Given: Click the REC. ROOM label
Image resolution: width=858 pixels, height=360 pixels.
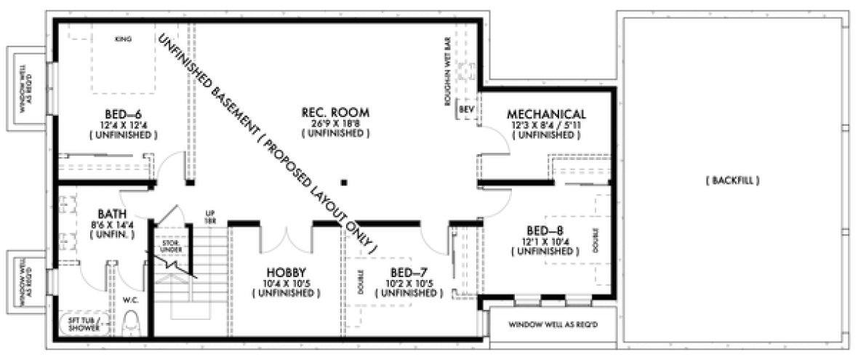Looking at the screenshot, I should tap(335, 112).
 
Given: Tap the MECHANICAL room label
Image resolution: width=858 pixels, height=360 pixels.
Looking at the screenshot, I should tap(546, 114).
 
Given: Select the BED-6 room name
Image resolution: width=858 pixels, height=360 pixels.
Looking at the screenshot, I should tap(120, 113).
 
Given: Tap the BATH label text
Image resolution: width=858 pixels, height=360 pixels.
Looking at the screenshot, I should tap(112, 214).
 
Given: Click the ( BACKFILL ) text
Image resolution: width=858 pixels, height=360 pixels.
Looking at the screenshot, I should tap(732, 180).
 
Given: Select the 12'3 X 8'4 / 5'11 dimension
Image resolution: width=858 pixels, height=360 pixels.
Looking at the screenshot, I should tap(546, 125).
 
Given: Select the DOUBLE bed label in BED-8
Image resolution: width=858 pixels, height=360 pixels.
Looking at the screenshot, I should tap(595, 236).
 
